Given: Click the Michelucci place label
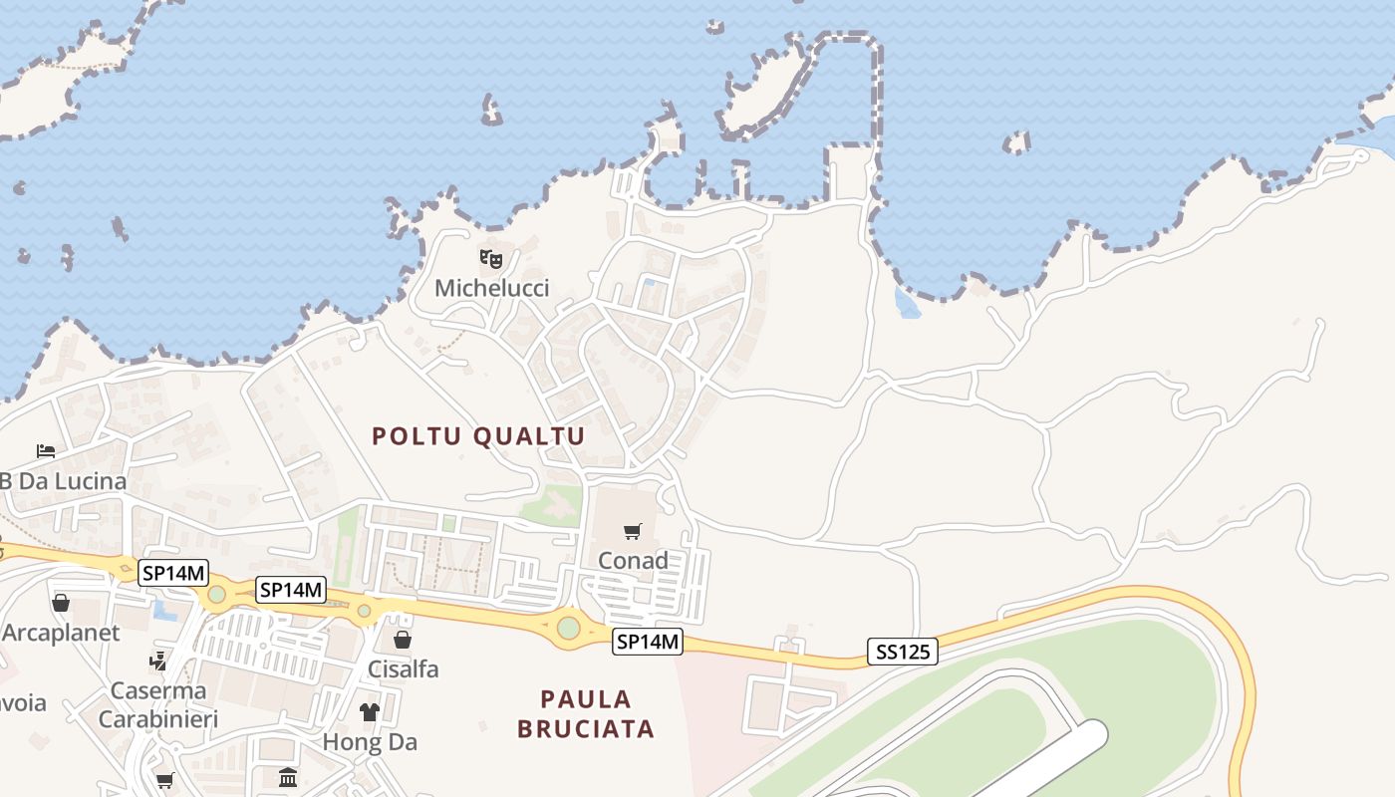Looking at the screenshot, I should tap(491, 289).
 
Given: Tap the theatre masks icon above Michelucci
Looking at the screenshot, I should tap(491, 260).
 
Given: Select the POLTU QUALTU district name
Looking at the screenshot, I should tap(478, 436).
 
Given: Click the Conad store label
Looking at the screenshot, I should tap(633, 561).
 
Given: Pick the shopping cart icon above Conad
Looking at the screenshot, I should tap(633, 532).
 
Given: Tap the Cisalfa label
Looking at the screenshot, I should tap(404, 668).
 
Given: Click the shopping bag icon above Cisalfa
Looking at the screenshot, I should tap(403, 640).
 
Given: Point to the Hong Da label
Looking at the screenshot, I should tap(370, 742).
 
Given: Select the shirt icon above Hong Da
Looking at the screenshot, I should tap(370, 712).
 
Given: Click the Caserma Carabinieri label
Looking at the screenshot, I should tap(158, 704).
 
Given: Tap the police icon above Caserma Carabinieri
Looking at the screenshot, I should tap(157, 661).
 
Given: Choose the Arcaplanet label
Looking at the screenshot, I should tap(61, 633).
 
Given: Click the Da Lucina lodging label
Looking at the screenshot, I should tap(63, 481).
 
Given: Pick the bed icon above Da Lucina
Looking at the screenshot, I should tap(46, 451).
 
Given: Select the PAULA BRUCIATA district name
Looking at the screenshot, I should tap(586, 713).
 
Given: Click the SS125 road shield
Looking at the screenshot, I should tap(902, 653).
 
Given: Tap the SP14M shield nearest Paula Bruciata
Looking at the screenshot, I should tap(648, 643).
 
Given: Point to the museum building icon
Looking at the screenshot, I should tap(288, 777).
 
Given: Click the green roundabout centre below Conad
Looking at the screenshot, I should tap(568, 628).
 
